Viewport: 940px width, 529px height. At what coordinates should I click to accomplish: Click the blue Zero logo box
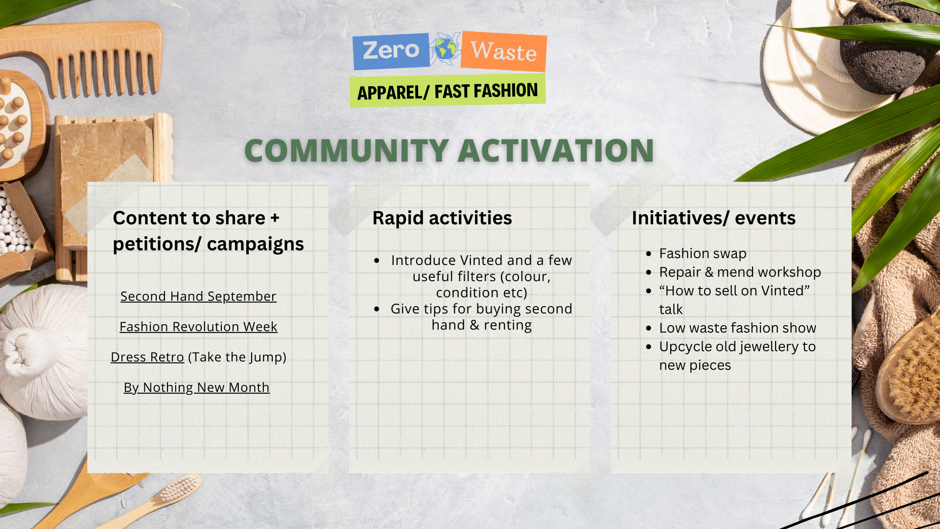391,51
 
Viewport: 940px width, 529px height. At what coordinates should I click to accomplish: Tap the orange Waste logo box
504,51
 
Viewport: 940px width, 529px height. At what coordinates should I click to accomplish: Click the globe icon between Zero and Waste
446,49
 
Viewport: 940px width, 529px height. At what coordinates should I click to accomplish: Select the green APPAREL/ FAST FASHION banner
447,91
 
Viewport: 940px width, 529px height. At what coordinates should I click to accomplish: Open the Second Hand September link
198,296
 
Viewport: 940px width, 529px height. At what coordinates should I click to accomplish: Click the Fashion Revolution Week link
198,327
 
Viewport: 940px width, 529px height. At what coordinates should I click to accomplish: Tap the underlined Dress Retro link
147,357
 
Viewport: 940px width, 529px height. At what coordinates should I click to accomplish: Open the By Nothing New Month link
197,387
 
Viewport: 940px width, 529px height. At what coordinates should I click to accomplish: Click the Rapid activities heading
442,218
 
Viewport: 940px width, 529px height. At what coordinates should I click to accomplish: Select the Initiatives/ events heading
713,218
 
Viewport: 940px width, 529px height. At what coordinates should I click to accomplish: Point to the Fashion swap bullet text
703,254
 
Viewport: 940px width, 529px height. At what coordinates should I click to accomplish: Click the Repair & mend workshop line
740,272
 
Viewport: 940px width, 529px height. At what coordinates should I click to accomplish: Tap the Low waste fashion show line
738,328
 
